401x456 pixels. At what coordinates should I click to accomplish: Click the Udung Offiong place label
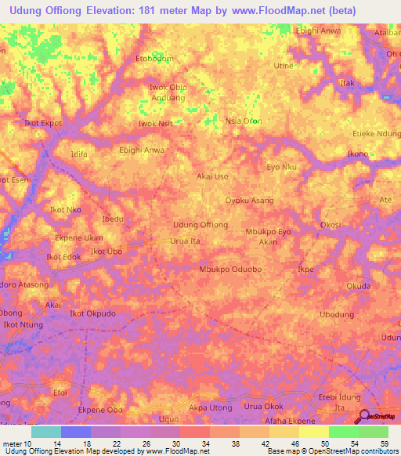point(200,225)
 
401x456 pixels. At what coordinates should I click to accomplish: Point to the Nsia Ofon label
point(243,121)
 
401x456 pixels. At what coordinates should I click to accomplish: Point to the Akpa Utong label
point(211,408)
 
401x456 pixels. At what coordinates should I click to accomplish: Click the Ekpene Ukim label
point(78,237)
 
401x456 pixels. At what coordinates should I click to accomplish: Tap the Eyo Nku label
point(282,168)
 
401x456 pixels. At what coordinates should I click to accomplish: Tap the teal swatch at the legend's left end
point(46,432)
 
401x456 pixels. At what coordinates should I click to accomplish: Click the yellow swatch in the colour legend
point(313,432)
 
